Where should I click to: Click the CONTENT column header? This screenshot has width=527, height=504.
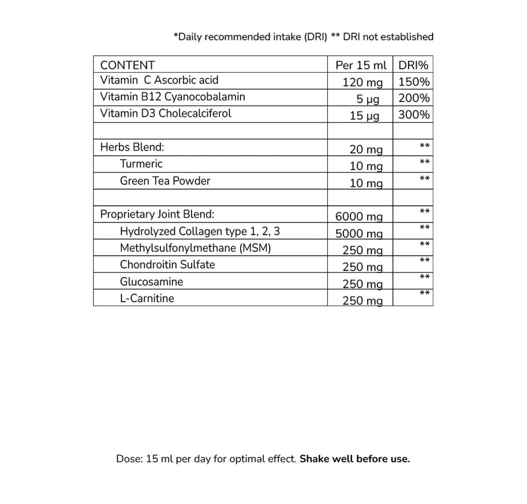click(x=127, y=65)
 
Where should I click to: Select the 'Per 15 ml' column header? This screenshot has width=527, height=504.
click(x=361, y=65)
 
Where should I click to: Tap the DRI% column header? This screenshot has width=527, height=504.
click(x=413, y=65)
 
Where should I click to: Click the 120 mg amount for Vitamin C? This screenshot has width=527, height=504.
click(x=363, y=82)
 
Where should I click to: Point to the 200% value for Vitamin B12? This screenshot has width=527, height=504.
click(x=414, y=98)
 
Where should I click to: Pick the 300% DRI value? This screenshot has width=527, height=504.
click(x=414, y=115)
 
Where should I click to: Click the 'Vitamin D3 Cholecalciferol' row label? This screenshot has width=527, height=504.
click(x=166, y=113)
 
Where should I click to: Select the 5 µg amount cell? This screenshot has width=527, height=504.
click(x=368, y=99)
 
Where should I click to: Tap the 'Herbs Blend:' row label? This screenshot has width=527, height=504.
click(x=132, y=147)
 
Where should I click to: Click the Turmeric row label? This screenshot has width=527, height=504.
click(x=141, y=164)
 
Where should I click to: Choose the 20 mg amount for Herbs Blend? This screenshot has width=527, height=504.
click(x=366, y=149)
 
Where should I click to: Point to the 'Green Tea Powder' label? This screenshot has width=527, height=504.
click(x=165, y=181)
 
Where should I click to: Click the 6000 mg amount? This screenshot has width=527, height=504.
click(x=359, y=216)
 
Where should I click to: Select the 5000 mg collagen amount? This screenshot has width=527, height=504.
click(x=359, y=233)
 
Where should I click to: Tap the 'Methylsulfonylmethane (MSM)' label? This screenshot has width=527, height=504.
click(x=195, y=248)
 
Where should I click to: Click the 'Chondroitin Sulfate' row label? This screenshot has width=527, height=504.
click(x=167, y=265)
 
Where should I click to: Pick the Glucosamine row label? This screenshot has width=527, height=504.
click(x=151, y=282)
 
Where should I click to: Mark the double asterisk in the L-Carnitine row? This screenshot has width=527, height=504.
click(x=425, y=292)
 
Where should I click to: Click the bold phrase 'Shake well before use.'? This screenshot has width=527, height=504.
click(x=354, y=459)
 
